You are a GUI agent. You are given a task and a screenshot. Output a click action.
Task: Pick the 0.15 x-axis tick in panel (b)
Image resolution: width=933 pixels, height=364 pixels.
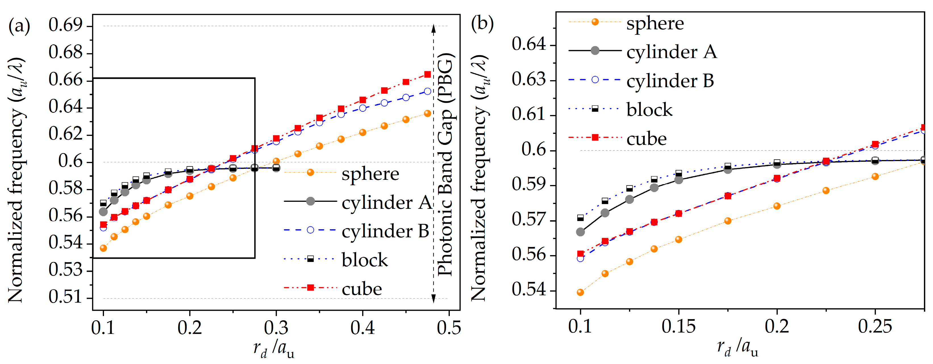(x=678, y=326)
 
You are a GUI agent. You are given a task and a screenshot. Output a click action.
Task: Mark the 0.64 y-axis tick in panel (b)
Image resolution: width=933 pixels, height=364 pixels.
(x=529, y=45)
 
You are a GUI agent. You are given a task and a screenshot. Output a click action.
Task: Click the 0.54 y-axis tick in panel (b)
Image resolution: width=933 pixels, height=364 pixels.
(x=529, y=290)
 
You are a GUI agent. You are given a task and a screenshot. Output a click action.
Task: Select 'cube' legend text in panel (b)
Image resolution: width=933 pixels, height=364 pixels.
(x=647, y=139)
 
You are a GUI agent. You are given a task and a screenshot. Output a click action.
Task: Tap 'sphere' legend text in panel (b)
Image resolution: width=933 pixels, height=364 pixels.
(x=655, y=24)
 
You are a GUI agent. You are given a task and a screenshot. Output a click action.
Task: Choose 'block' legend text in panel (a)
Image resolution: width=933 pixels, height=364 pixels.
(x=365, y=260)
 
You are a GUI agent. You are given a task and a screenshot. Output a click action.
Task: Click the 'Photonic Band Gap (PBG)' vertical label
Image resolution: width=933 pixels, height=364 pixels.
(x=445, y=165)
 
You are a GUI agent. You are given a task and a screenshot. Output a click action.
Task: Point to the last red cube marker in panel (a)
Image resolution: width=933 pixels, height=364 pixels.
(x=427, y=74)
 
